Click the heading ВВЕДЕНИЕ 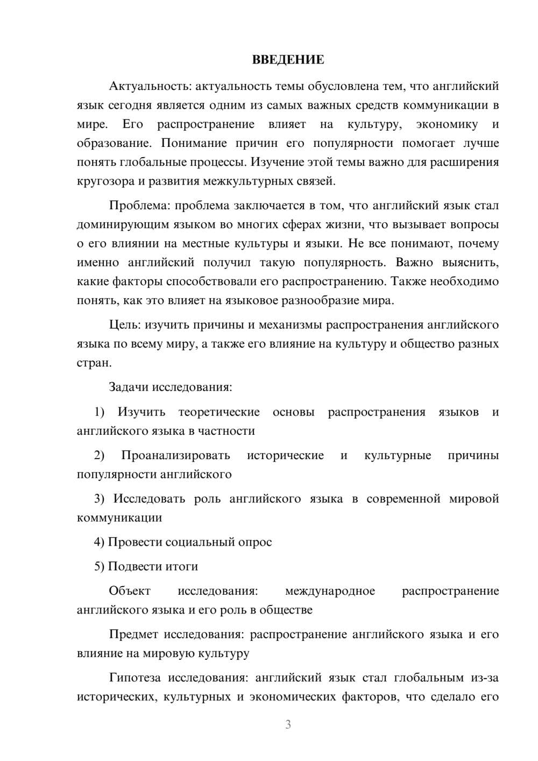(288, 60)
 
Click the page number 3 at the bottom (288, 725)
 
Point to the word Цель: (125, 325)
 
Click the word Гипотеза (136, 678)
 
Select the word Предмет (133, 635)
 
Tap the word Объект (130, 591)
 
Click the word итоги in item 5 (181, 567)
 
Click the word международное (330, 591)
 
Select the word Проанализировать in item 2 (175, 456)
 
